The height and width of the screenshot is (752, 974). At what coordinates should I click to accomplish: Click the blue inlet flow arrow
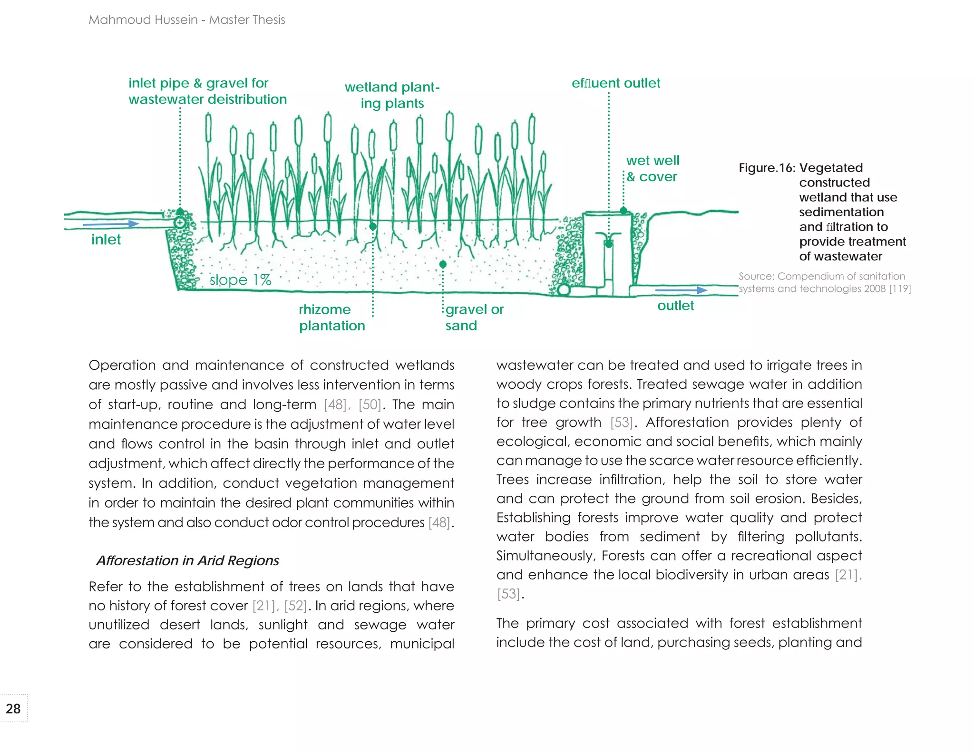coord(111,223)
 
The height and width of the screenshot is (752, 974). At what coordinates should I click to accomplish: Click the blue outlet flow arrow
coord(681,290)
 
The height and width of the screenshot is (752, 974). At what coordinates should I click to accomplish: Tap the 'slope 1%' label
coord(240,280)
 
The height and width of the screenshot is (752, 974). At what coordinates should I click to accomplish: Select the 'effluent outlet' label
coord(615,83)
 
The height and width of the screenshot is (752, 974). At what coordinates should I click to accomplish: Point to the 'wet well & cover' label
coord(652,168)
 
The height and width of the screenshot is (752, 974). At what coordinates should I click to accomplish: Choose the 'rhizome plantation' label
coord(331,317)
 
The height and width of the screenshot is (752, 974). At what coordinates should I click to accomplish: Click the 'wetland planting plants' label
coord(392,95)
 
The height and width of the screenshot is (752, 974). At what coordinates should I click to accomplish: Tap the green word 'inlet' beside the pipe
coord(106,240)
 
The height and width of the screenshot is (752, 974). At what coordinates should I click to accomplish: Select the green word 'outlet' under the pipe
coord(675,306)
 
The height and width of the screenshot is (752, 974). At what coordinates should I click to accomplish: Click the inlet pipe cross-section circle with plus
coord(180,222)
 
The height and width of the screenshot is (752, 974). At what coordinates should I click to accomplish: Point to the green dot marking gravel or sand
coord(443,264)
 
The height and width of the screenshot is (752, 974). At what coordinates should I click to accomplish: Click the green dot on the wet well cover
coord(623,210)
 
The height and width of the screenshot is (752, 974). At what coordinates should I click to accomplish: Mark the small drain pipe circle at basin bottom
coord(564,289)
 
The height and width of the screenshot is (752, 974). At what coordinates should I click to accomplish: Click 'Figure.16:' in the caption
coord(766,168)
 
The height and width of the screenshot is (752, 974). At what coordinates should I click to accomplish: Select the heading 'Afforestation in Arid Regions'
coord(187,560)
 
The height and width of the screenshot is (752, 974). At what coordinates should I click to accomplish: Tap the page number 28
coord(13,709)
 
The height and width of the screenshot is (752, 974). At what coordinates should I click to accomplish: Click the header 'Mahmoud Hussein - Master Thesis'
coord(186,19)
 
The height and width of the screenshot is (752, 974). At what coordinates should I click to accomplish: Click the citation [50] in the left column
coord(370,405)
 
